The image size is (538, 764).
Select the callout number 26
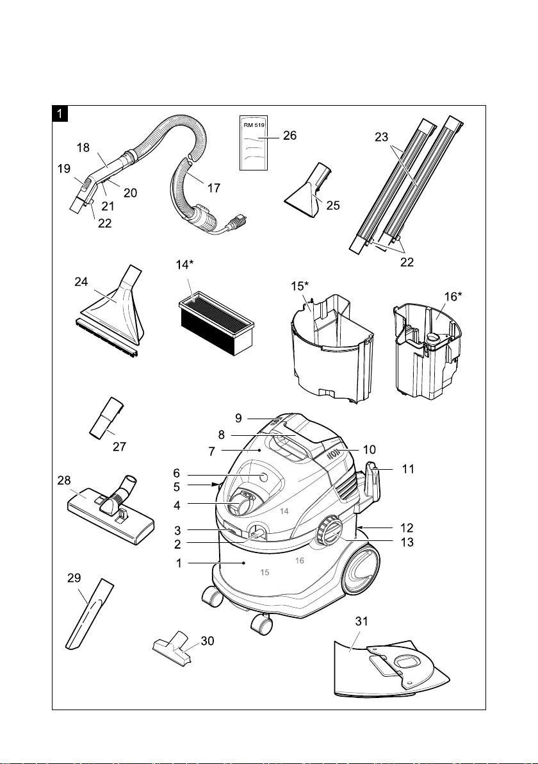coord(289,136)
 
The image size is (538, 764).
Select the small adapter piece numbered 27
coord(104,418)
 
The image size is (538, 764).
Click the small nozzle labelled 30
coord(172,648)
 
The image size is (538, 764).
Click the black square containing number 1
coord(60,115)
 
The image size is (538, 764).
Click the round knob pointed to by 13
coord(328,531)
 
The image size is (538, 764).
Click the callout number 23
coord(382,137)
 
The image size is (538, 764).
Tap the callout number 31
coord(363,622)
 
